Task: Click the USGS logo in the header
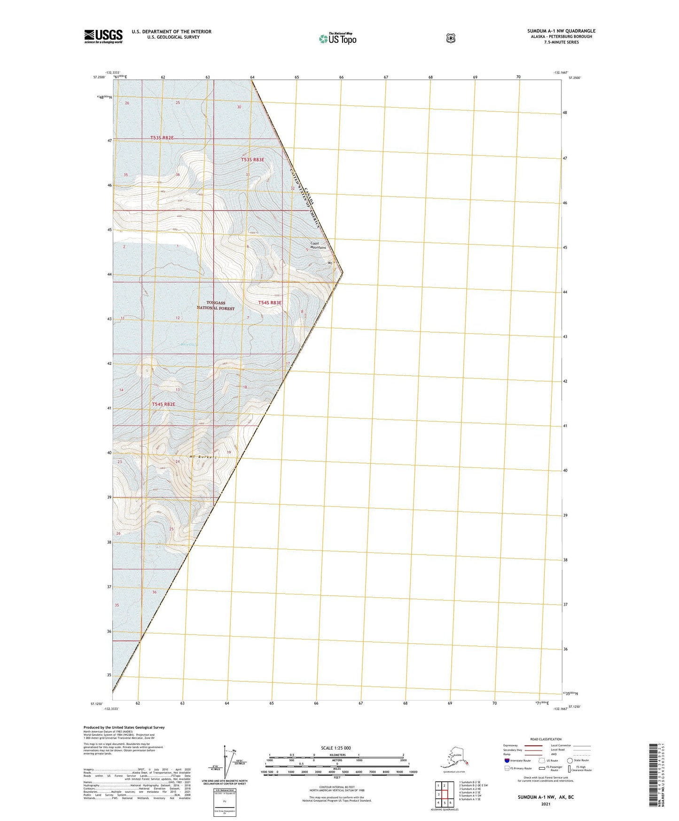(x=103, y=36)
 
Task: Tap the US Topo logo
(x=337, y=39)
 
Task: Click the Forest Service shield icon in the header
(x=451, y=38)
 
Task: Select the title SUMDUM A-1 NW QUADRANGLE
(x=561, y=31)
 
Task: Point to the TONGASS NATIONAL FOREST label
(x=216, y=306)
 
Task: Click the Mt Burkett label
(x=203, y=457)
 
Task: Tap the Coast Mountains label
(x=318, y=245)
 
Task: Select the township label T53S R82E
(x=162, y=138)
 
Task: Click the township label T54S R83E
(x=270, y=303)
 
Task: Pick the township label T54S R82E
(x=164, y=404)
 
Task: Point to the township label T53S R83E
(x=253, y=160)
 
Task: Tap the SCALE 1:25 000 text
(x=336, y=748)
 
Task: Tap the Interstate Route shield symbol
(x=507, y=760)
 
